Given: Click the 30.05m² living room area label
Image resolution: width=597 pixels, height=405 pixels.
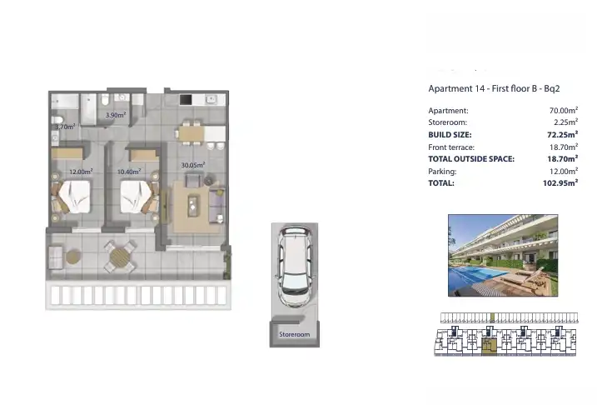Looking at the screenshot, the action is click(x=193, y=165).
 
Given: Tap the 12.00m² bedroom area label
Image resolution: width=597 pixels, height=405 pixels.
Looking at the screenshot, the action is click(x=81, y=172).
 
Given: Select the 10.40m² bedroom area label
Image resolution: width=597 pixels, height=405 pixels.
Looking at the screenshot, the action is click(x=129, y=172).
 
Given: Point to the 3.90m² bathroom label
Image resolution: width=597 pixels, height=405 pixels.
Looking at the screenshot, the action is click(x=116, y=115).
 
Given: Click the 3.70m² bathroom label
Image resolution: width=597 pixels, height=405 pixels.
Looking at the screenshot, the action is click(x=65, y=127).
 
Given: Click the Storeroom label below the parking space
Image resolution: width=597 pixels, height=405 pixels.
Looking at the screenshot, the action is click(x=294, y=334).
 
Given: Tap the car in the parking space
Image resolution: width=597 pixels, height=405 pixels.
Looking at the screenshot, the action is click(x=295, y=267).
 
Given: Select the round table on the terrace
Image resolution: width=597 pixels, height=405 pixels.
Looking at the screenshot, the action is click(x=120, y=257).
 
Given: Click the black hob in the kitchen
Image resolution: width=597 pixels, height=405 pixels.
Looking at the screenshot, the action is click(x=186, y=100).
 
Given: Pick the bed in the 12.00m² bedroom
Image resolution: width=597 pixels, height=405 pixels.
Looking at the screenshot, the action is click(x=75, y=197).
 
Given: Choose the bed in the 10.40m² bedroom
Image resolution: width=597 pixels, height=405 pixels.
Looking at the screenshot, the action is click(x=136, y=197).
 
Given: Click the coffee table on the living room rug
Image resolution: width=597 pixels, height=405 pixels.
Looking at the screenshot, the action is click(x=193, y=206).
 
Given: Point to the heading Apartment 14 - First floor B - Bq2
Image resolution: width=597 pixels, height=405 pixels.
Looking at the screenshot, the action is click(x=494, y=89).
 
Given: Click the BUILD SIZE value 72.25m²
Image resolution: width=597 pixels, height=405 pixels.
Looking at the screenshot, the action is click(x=562, y=134).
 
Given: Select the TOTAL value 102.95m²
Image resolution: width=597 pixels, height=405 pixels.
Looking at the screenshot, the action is click(x=560, y=182).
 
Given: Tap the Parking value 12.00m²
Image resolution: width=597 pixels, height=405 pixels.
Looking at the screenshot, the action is click(x=564, y=171).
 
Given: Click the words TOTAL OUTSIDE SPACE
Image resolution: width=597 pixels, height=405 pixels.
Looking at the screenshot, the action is click(x=471, y=159).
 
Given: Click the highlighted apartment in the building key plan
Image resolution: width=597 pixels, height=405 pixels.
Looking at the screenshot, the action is click(x=490, y=347).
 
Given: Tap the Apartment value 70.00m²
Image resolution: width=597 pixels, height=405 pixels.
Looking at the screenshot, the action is click(x=564, y=111).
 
